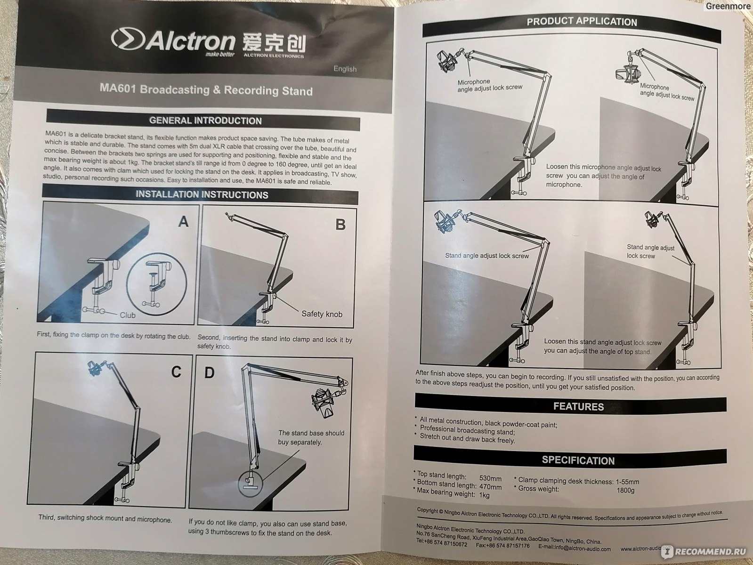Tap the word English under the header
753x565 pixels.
coord(345,69)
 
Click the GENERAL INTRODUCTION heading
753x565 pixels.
coord(205,121)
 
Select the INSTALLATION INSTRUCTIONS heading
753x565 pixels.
coord(202,194)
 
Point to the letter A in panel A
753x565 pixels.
coord(184,222)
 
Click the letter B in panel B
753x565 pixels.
coord(340,225)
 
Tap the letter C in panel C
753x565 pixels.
coord(176,371)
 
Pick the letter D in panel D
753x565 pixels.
coord(209,372)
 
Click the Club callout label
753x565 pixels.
coord(127,315)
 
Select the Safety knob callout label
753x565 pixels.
coord(322,314)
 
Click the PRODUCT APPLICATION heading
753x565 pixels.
coord(582,22)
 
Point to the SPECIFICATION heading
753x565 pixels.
coord(578,460)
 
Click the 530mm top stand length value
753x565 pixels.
coord(490,478)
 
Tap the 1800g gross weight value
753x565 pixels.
coord(625,490)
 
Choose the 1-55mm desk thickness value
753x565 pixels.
coord(627,482)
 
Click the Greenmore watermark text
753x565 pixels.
coord(728,6)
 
